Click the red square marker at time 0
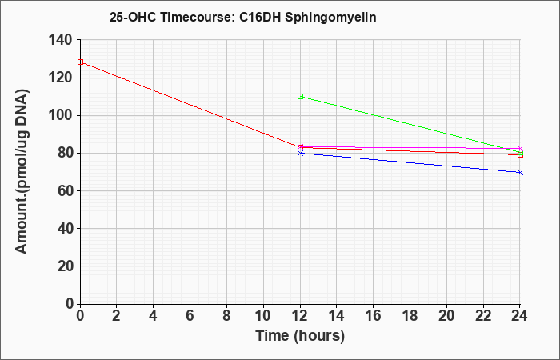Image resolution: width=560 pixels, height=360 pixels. click(x=80, y=62)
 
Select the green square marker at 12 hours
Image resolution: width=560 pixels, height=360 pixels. click(x=300, y=97)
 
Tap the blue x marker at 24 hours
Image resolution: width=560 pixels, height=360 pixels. click(x=520, y=173)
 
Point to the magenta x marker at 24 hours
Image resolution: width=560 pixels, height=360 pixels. click(x=520, y=148)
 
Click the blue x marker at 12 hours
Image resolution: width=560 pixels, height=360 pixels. click(x=300, y=154)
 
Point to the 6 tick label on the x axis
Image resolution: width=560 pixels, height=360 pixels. click(x=190, y=316)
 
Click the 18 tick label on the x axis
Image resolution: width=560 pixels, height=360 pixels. click(x=410, y=316)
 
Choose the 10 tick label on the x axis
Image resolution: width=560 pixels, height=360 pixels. click(x=263, y=316)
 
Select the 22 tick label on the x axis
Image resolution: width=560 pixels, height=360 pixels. click(x=483, y=316)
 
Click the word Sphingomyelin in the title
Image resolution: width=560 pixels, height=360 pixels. click(x=330, y=17)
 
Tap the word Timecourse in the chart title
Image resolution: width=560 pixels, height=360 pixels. click(x=197, y=17)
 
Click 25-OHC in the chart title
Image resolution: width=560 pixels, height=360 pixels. click(x=133, y=17)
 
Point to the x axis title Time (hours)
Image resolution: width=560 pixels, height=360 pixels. click(x=300, y=336)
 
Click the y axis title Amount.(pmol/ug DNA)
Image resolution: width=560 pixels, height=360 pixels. click(x=22, y=171)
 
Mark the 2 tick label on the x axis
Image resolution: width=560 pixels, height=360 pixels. click(x=117, y=316)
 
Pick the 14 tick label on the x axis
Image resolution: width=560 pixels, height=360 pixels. click(x=337, y=316)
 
